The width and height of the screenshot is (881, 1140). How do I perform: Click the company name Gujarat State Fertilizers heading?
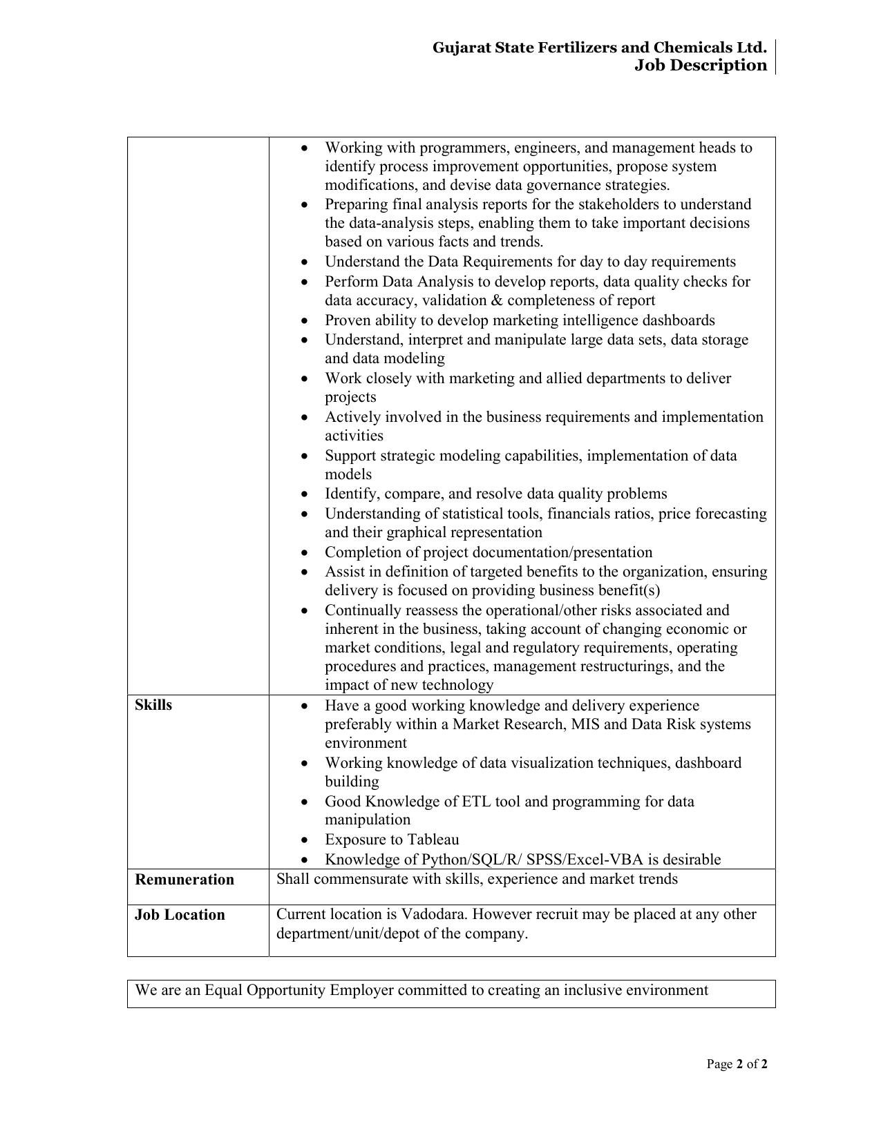tap(599, 48)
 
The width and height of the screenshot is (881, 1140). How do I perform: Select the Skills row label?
tap(153, 705)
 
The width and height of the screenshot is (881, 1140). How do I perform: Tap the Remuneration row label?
tap(184, 880)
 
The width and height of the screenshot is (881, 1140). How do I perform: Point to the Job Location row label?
tap(180, 915)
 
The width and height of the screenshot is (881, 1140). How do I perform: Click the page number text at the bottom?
tap(737, 1064)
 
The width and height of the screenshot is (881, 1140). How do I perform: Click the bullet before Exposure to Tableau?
tap(305, 840)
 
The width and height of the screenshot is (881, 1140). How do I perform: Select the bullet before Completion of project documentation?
tap(305, 553)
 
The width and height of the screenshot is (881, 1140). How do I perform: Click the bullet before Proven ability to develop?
tap(305, 321)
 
